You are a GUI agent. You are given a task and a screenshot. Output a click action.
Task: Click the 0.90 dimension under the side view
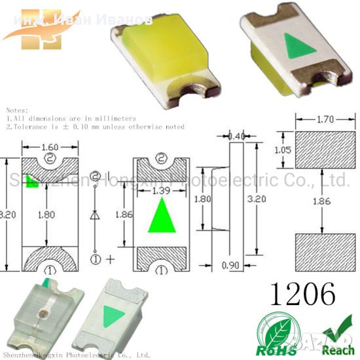[x=229, y=266]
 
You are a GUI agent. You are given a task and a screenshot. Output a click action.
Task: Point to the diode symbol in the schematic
[x=96, y=214]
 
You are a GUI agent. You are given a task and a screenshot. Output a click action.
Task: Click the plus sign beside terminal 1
[x=110, y=259]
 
